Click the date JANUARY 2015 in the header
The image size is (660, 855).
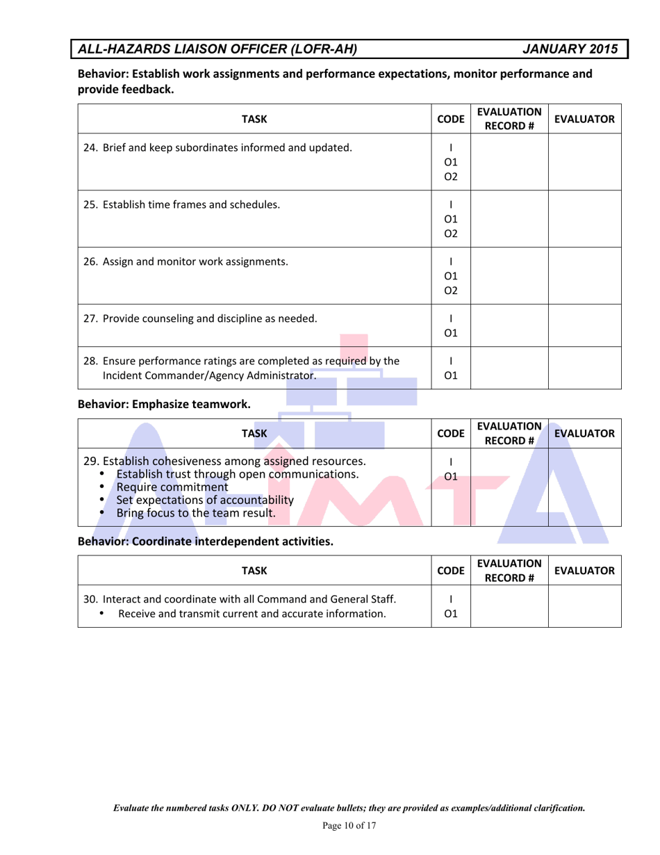coord(569,49)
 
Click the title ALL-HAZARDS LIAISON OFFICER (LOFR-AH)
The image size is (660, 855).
coord(218,49)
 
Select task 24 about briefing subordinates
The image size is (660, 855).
coord(217,147)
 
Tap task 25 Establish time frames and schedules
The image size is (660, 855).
coord(182,204)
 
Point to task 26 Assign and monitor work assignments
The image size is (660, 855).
coord(185,261)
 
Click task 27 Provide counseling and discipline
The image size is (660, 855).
coord(200,319)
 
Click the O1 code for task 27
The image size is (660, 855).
coord(451,333)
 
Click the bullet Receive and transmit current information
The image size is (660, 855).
coord(252,613)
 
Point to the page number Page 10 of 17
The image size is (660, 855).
coord(349,825)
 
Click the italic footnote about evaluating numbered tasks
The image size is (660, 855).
coord(349,808)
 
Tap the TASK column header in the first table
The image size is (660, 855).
coord(254,119)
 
